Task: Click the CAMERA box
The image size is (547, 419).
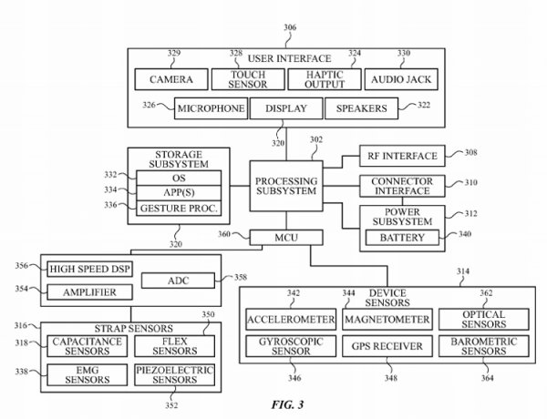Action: point(171,79)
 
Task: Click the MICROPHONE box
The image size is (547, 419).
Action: point(211,109)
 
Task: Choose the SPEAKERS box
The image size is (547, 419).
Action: point(361,109)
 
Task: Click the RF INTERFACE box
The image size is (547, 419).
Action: point(397,156)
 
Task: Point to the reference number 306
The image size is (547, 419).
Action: point(291,28)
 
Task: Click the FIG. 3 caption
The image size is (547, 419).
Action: point(290,402)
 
